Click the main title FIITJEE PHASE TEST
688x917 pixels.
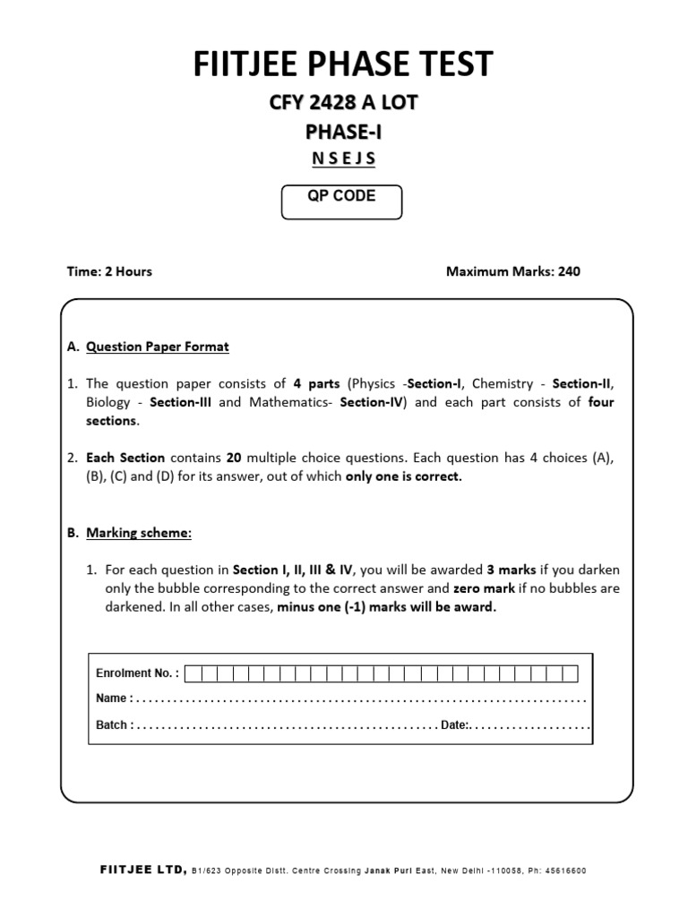pyautogui.click(x=343, y=64)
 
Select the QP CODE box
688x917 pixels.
pyautogui.click(x=341, y=201)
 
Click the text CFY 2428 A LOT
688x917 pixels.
pyautogui.click(x=343, y=104)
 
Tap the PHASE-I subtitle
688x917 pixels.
pyautogui.click(x=343, y=133)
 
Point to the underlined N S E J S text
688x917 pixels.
pyautogui.click(x=343, y=160)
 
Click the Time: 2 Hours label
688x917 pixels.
pyautogui.click(x=110, y=271)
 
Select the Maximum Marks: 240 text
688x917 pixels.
pyautogui.click(x=512, y=271)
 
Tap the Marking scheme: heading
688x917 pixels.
pyautogui.click(x=139, y=533)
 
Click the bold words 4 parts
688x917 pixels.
pyautogui.click(x=316, y=383)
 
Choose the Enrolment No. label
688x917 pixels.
pyautogui.click(x=137, y=673)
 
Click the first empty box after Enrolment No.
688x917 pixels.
pyautogui.click(x=194, y=673)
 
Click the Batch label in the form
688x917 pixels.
pyautogui.click(x=114, y=724)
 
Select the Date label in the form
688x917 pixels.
pyautogui.click(x=454, y=724)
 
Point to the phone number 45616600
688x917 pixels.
pyautogui.click(x=566, y=870)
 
